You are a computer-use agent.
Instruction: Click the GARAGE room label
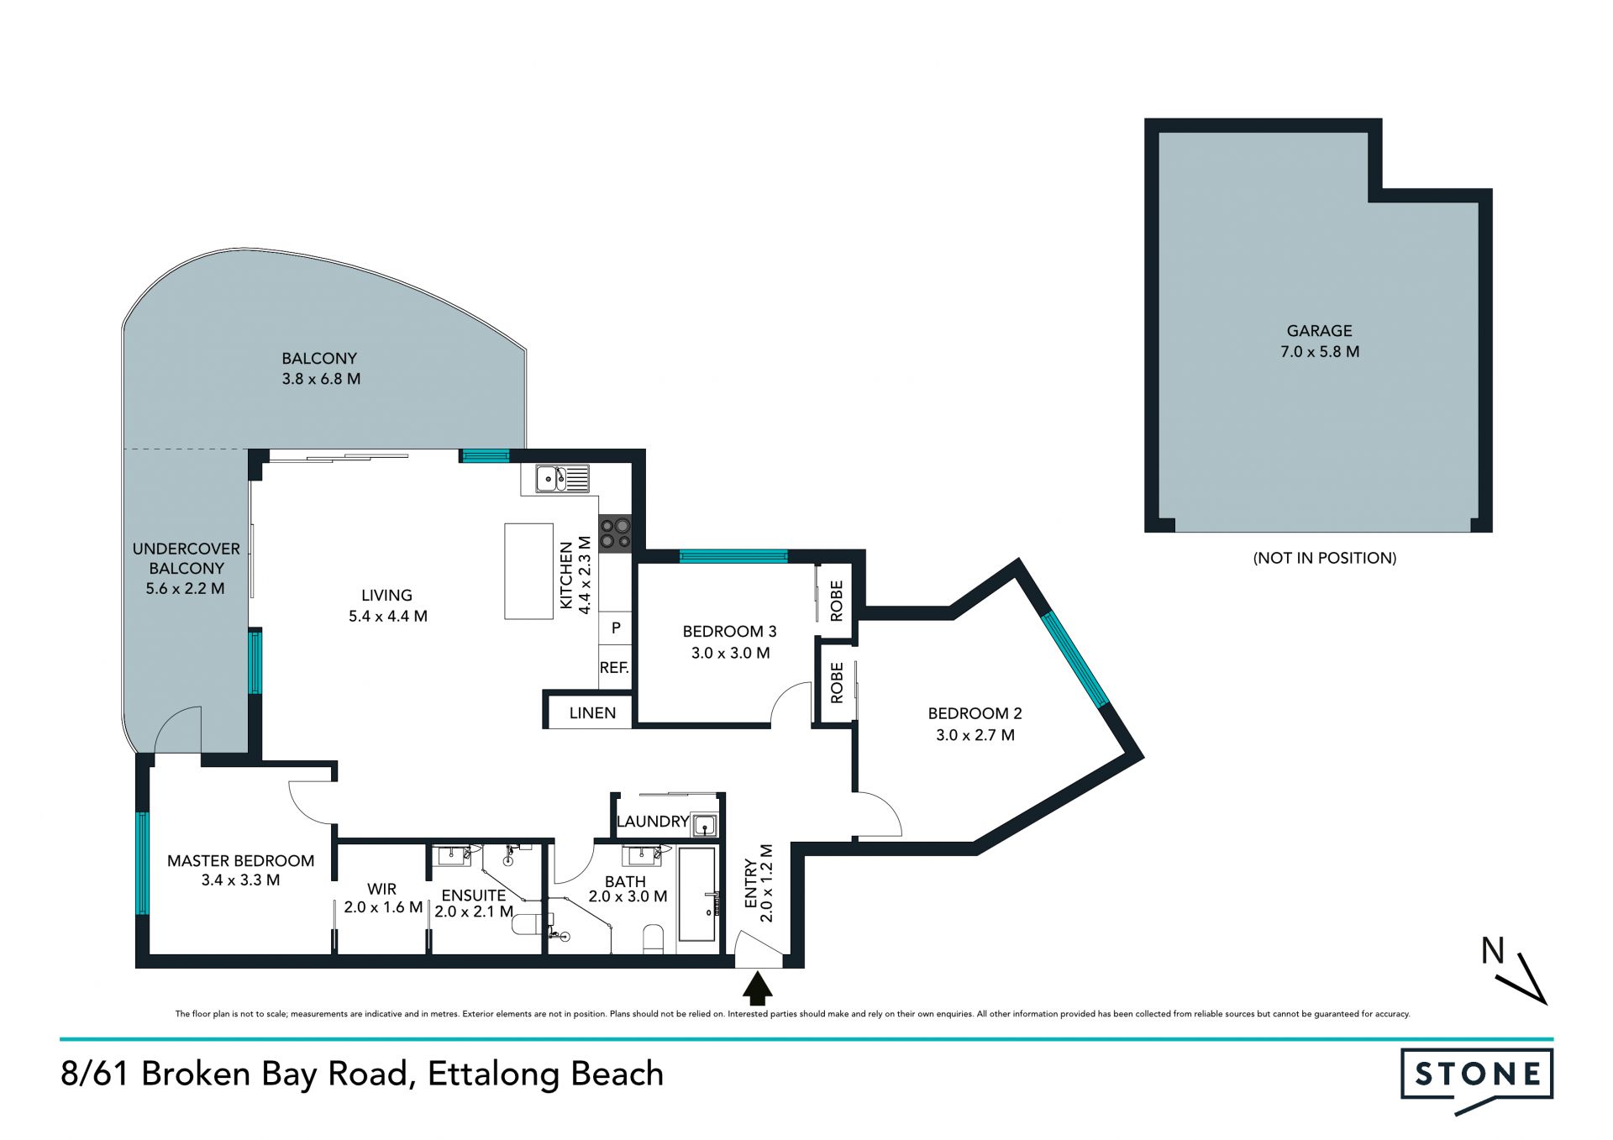[1319, 331]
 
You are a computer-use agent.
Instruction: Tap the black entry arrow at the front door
[758, 988]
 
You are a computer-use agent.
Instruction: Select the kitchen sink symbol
[562, 479]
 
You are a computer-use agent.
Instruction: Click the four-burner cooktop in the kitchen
[615, 533]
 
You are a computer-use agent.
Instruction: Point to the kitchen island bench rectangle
[528, 571]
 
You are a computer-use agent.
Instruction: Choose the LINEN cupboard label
[592, 713]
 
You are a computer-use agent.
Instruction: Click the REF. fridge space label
[614, 668]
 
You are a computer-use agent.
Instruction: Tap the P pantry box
[616, 628]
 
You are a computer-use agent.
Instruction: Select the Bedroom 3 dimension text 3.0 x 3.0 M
[730, 653]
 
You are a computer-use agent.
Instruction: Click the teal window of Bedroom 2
[1076, 659]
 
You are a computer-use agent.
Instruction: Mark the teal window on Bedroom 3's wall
[733, 555]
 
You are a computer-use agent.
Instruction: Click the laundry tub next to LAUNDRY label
[704, 825]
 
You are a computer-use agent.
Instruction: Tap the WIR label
[381, 889]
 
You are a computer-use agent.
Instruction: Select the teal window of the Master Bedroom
[143, 863]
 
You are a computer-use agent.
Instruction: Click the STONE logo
[1477, 1080]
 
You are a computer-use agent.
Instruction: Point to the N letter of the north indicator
[1493, 951]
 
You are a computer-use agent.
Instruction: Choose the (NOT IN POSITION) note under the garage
[1325, 558]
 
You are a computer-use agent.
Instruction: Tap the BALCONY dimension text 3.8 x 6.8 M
[321, 379]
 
